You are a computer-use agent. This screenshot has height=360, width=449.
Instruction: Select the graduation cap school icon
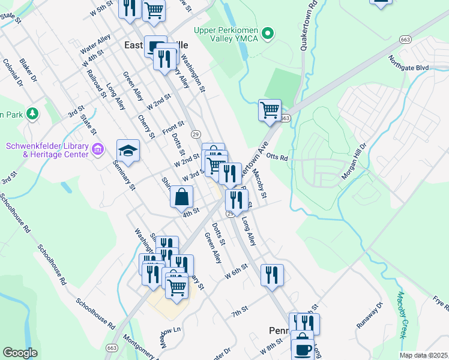pyautogui.click(x=128, y=151)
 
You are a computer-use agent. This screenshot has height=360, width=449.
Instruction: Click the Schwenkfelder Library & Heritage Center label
pyautogui.click(x=47, y=150)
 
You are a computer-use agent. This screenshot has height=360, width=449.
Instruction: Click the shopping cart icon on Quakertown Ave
pyautogui.click(x=270, y=110)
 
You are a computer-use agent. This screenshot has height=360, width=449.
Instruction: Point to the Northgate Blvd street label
pyautogui.click(x=409, y=67)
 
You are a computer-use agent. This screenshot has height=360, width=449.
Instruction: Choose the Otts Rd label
pyautogui.click(x=277, y=158)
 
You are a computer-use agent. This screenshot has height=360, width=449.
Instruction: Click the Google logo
pyautogui.click(x=20, y=353)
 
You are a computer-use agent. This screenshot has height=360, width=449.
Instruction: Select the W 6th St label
pyautogui.click(x=237, y=271)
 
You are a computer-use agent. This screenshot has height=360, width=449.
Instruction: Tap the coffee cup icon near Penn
pyautogui.click(x=303, y=349)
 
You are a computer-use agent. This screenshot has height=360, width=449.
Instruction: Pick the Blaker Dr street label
pyautogui.click(x=28, y=70)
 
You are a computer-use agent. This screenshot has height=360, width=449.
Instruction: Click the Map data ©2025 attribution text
pyautogui.click(x=423, y=355)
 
